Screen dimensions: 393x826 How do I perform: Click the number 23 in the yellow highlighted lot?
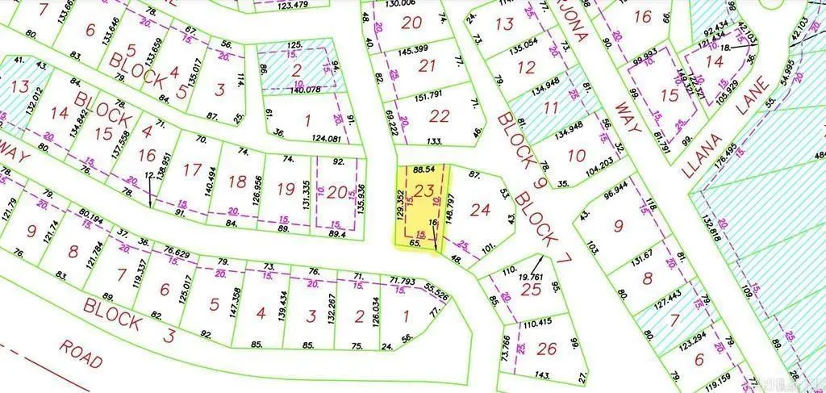point(425,191)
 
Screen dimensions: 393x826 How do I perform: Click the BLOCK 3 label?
point(129,320)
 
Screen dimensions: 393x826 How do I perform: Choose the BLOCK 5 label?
point(149,72)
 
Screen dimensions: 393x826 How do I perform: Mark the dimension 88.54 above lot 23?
point(423,170)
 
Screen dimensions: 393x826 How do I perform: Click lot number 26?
point(546,349)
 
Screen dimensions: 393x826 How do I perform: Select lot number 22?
point(439,117)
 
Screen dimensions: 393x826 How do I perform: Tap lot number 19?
point(286,189)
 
